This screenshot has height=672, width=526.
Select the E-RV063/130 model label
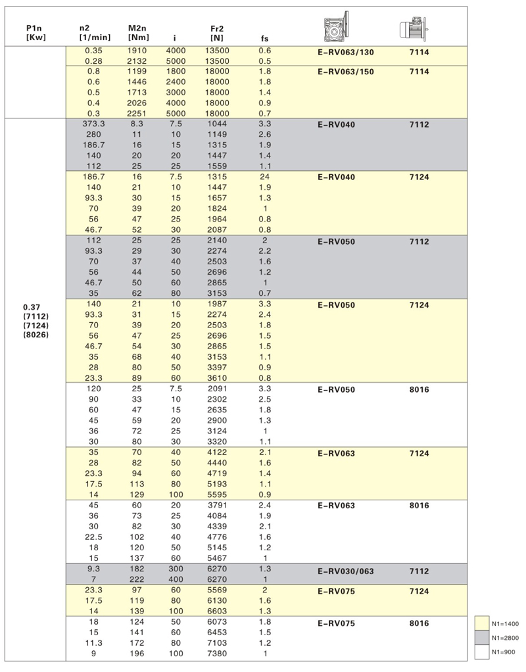(345, 51)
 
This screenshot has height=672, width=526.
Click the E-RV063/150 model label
(345, 72)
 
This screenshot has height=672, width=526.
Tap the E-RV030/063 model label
(345, 571)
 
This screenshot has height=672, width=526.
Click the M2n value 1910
(138, 50)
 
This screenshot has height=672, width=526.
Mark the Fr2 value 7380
(217, 654)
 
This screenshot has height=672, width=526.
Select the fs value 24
(265, 176)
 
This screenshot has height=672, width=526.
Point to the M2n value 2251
(138, 113)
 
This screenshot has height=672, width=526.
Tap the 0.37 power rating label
(31, 306)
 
